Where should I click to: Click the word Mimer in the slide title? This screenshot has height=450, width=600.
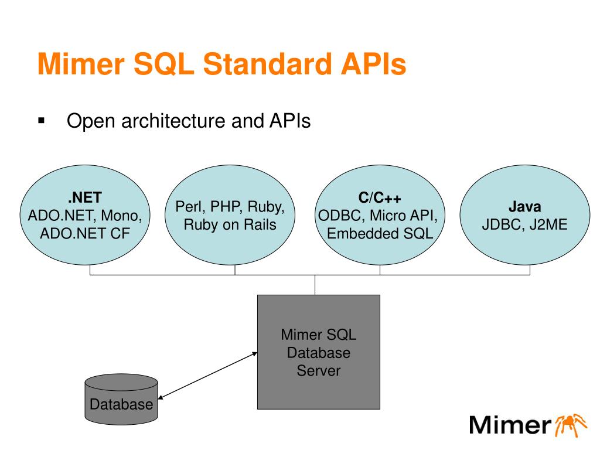(x=81, y=63)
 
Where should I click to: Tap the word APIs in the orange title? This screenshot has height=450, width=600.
(x=373, y=63)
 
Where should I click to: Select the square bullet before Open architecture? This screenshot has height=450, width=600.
(x=42, y=121)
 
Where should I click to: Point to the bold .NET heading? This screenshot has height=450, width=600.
(x=84, y=197)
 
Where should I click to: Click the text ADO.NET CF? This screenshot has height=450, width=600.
(x=85, y=233)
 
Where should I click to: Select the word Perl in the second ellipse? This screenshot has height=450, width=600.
(x=190, y=207)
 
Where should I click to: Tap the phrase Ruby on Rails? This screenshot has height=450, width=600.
(x=230, y=224)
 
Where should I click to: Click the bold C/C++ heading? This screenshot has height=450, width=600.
(x=380, y=197)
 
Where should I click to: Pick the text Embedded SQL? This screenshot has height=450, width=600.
(x=380, y=233)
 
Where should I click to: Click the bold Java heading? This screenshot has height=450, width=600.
(x=524, y=207)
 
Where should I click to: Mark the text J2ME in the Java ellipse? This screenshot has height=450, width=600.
(x=548, y=224)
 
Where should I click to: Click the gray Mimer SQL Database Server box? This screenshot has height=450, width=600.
(x=319, y=352)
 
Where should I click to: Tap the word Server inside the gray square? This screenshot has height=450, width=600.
(x=319, y=370)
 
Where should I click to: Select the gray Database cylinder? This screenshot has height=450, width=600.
(x=121, y=399)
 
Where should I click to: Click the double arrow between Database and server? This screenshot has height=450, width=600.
(x=207, y=376)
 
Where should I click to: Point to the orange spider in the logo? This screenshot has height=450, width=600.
(x=570, y=424)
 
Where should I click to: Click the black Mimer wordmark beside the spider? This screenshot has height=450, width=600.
(x=510, y=425)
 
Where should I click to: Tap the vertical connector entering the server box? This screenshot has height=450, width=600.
(x=315, y=285)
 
